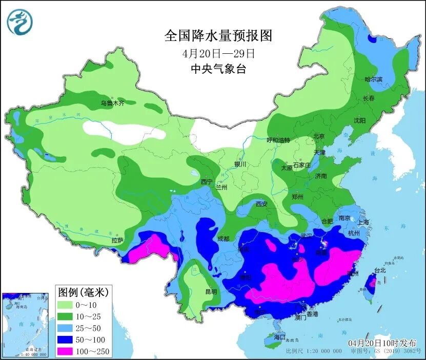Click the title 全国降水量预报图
(217, 35)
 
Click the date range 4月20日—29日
(218, 53)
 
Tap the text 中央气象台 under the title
(218, 69)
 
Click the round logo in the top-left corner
(19, 22)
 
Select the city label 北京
(319, 136)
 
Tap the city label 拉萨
(117, 240)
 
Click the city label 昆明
(211, 292)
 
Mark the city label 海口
(279, 337)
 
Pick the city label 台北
(379, 270)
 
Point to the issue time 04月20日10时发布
(382, 343)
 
